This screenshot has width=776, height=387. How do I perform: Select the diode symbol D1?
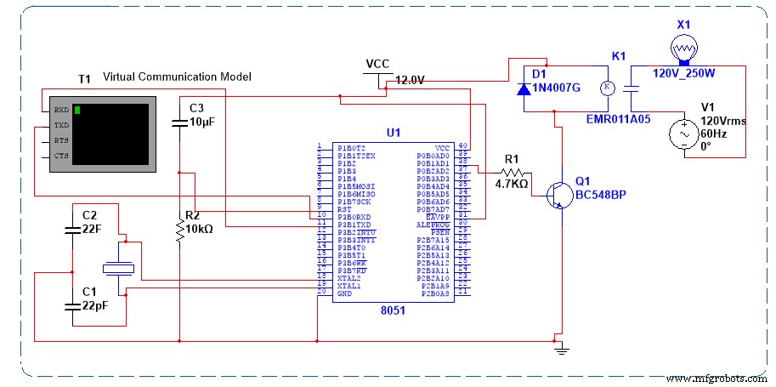524,87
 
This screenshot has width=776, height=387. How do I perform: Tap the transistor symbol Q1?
556,195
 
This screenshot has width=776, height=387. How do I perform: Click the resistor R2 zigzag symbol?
179,230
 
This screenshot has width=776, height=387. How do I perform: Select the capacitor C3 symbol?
178,123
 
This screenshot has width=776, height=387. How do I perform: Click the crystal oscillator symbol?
118,268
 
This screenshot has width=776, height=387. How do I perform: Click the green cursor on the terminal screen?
77,110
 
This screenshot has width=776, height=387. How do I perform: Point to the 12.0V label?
410,80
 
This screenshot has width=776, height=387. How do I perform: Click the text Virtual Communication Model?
176,77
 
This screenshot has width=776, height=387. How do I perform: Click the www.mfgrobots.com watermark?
716,377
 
